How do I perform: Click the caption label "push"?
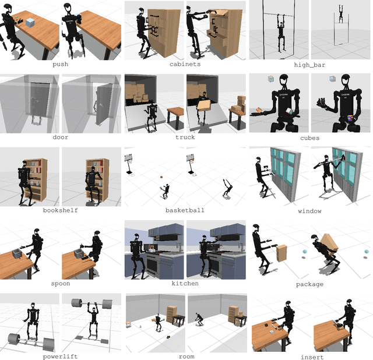pyautogui.click(x=60, y=64)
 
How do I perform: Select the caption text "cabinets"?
pyautogui.click(x=185, y=64)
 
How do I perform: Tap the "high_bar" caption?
pyautogui.click(x=309, y=64)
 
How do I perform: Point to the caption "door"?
pyautogui.click(x=60, y=137)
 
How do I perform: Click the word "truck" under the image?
pyautogui.click(x=185, y=137)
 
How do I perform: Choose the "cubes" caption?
pyautogui.click(x=309, y=137)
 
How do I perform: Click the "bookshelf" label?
pyautogui.click(x=60, y=210)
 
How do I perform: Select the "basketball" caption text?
pyautogui.click(x=185, y=210)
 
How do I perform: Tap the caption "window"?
pyautogui.click(x=309, y=210)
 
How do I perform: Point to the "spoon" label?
pyautogui.click(x=60, y=284)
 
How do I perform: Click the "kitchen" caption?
pyautogui.click(x=185, y=284)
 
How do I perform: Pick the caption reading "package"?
pyautogui.click(x=309, y=284)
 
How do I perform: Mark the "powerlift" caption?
pyautogui.click(x=60, y=356)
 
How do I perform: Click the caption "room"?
pyautogui.click(x=185, y=356)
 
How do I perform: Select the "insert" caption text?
pyautogui.click(x=309, y=356)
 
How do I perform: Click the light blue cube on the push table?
pyautogui.click(x=30, y=22)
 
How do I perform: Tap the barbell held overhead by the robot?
pyautogui.click(x=92, y=303)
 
